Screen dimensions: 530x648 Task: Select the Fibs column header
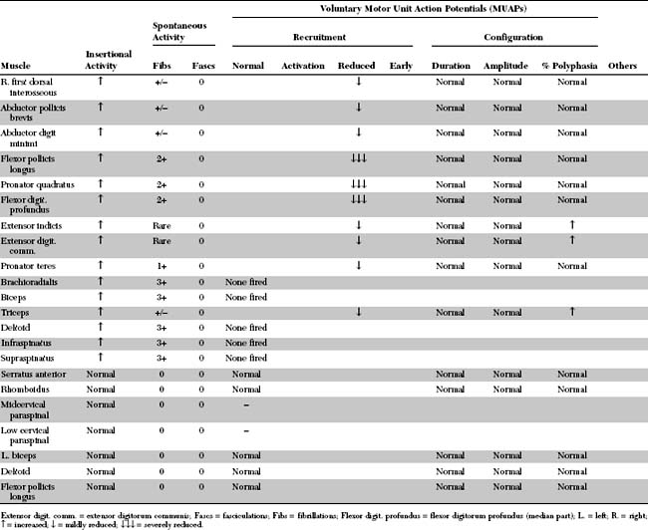click(162, 66)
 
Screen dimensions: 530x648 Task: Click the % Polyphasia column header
click(563, 66)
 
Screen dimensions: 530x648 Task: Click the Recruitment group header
click(320, 37)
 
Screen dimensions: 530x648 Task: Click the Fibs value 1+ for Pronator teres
click(162, 265)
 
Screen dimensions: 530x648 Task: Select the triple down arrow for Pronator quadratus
click(359, 184)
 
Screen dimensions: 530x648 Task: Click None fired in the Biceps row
click(246, 297)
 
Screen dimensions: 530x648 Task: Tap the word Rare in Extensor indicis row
click(162, 226)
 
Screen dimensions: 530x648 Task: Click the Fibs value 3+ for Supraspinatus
click(162, 357)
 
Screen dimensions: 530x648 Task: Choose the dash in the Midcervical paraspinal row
click(247, 405)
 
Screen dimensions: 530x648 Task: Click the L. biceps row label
click(24, 454)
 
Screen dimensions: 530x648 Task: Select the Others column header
click(622, 66)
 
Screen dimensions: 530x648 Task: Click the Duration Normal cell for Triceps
click(451, 312)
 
